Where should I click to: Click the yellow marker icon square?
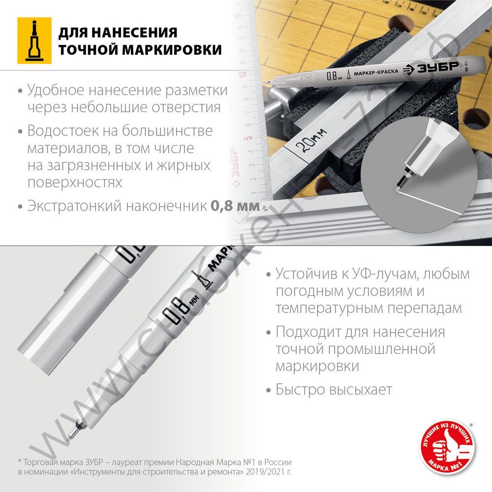coord(34,41)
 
